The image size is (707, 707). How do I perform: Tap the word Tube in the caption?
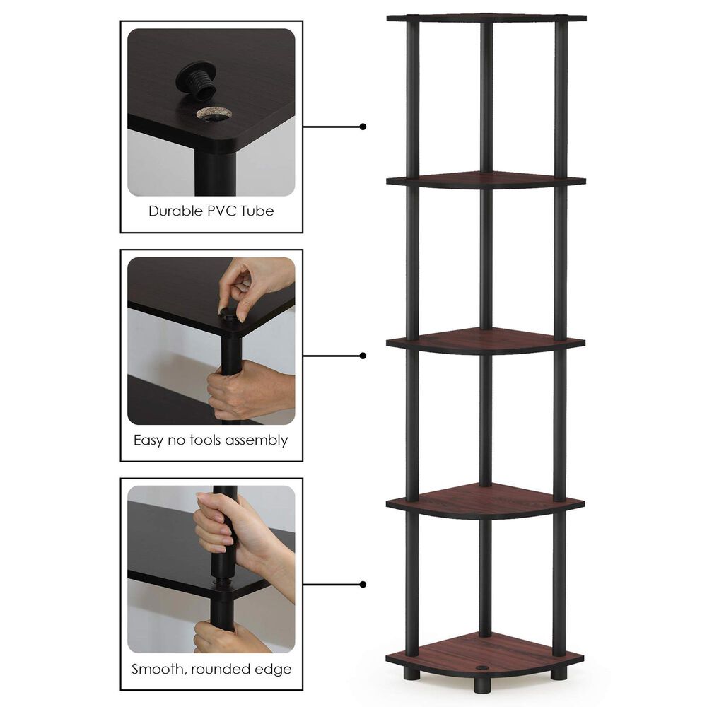(x=257, y=211)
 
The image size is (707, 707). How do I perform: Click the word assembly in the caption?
(x=256, y=440)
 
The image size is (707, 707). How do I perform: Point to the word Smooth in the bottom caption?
(x=158, y=669)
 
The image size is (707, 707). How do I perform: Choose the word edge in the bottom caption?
(x=274, y=669)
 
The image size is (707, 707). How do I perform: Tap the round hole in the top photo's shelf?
(x=214, y=113)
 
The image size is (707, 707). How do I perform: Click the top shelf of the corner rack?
(x=486, y=17)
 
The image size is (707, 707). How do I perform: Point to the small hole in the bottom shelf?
(x=483, y=667)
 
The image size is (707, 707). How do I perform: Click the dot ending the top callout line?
(x=363, y=127)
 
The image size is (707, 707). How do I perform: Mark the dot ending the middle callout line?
(x=363, y=356)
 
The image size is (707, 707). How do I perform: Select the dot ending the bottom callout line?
(x=363, y=585)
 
